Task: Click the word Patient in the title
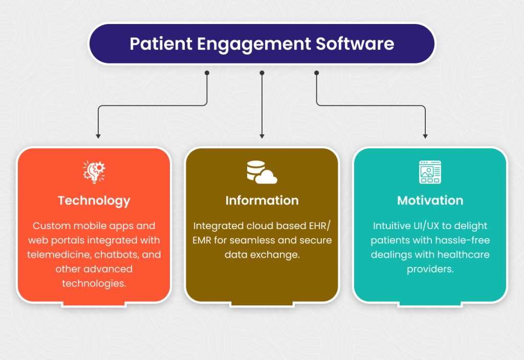pyautogui.click(x=156, y=43)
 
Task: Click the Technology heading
pyautogui.click(x=94, y=200)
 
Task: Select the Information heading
pyautogui.click(x=262, y=200)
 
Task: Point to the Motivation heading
pyautogui.click(x=430, y=200)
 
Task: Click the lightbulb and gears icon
pyautogui.click(x=94, y=172)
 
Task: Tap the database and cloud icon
pyautogui.click(x=261, y=172)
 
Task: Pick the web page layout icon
pyautogui.click(x=430, y=172)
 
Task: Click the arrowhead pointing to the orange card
pyautogui.click(x=98, y=136)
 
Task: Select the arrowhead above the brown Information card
pyautogui.click(x=262, y=136)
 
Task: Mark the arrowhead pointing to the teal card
pyautogui.click(x=425, y=136)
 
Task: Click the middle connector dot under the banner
pyautogui.click(x=262, y=73)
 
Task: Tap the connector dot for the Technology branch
pyautogui.click(x=207, y=73)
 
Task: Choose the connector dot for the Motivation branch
pyautogui.click(x=316, y=73)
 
